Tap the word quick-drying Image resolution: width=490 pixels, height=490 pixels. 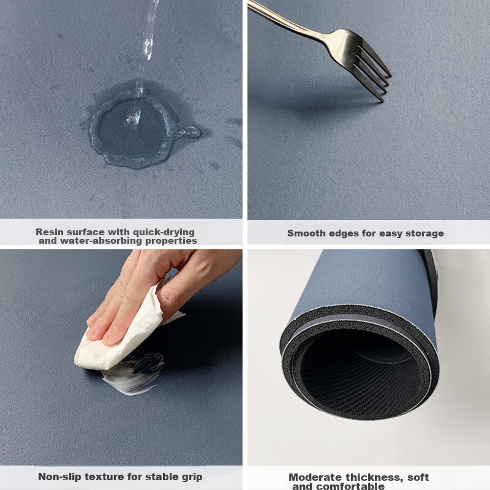164,233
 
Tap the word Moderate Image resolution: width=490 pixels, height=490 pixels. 315,477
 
